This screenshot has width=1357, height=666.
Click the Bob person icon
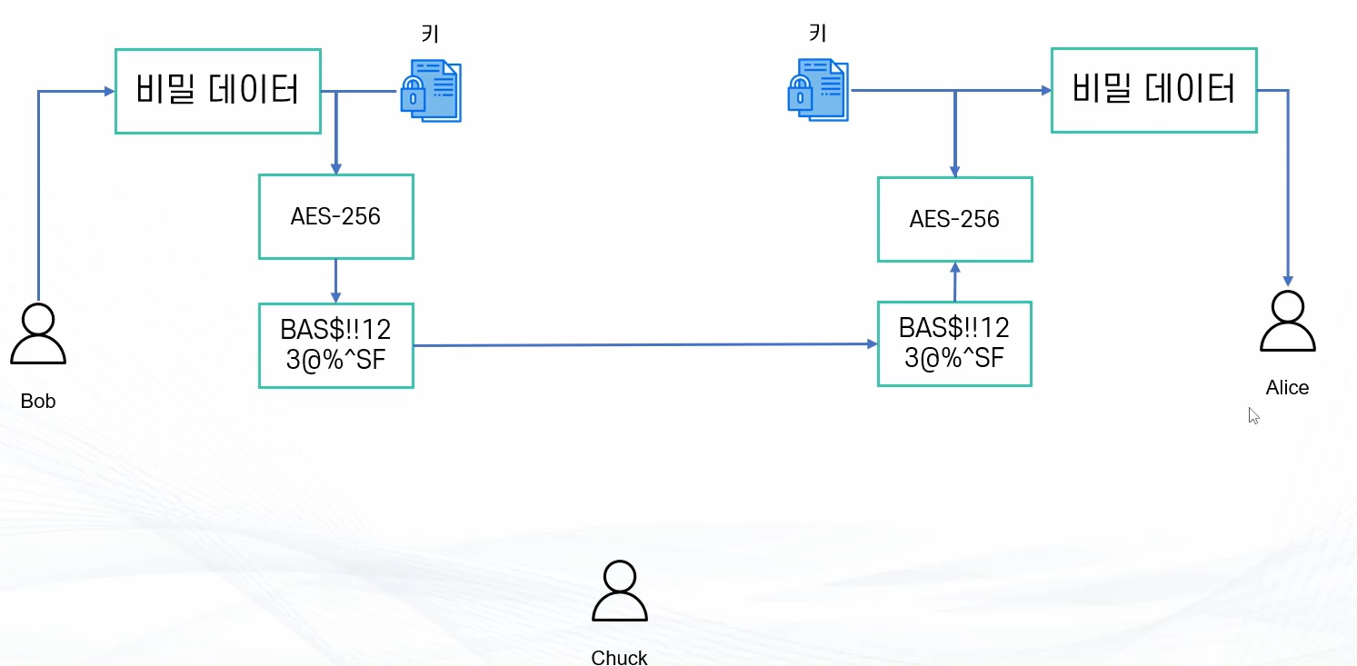[x=38, y=339]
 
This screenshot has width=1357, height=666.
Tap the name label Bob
[x=38, y=401]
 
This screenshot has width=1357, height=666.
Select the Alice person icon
[x=1288, y=327]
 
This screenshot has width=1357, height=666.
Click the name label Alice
[x=1287, y=387]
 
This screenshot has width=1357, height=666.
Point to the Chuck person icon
[x=620, y=596]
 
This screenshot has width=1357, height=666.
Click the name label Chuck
[x=619, y=658]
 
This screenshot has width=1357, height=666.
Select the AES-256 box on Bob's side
[x=336, y=217]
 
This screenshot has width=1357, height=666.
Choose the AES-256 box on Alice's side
[x=955, y=219]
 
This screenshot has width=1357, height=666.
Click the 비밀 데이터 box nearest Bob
[x=218, y=91]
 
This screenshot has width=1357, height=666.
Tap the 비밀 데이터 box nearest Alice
[x=1154, y=90]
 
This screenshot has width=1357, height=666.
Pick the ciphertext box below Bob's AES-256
[x=336, y=345]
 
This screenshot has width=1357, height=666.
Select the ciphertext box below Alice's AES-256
[x=954, y=343]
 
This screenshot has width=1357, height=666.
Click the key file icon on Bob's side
[x=432, y=91]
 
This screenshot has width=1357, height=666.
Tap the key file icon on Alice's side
[x=818, y=90]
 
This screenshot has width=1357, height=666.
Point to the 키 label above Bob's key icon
[x=431, y=34]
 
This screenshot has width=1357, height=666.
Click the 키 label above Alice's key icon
[x=818, y=32]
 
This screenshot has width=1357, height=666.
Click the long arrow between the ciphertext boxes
[x=646, y=345]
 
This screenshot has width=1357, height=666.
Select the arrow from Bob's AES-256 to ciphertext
[x=336, y=282]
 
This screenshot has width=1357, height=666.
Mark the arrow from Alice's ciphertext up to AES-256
[x=955, y=283]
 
